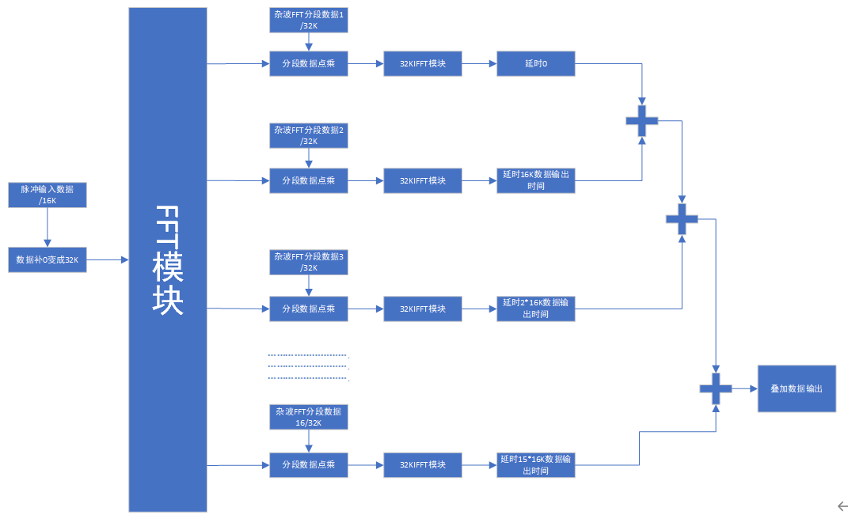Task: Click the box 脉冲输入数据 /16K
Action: click(47, 195)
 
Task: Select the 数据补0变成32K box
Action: click(47, 259)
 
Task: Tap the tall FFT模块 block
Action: click(168, 259)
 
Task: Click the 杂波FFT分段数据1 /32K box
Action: click(309, 20)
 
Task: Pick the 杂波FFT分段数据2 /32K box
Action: click(309, 135)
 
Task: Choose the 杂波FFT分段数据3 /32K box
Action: click(309, 262)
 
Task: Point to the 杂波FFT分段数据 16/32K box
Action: click(309, 417)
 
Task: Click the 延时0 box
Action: click(536, 63)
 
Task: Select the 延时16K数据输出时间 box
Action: click(536, 180)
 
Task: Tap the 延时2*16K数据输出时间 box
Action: click(536, 309)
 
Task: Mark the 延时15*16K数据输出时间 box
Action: click(536, 464)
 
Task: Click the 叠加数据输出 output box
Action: click(797, 388)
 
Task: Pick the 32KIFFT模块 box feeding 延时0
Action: click(422, 63)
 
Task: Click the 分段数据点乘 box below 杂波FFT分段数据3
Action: click(309, 309)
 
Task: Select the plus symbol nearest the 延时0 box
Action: click(642, 121)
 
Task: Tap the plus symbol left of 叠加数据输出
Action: click(716, 388)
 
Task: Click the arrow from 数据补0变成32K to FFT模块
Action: click(108, 259)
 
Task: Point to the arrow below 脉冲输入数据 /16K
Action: click(47, 228)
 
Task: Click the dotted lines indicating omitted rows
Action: click(309, 366)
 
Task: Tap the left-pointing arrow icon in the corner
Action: click(842, 506)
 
